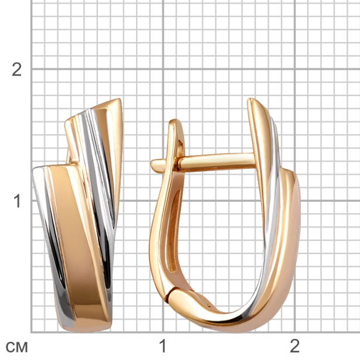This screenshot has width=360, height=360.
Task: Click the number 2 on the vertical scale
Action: click(17, 69)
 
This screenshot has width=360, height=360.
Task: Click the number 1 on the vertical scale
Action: click(17, 201)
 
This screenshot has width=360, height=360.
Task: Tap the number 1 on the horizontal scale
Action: click(162, 346)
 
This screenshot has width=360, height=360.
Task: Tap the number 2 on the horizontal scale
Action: click(295, 346)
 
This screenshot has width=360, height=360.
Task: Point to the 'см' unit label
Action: click(16, 347)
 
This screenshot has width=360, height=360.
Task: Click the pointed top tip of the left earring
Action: click(119, 100)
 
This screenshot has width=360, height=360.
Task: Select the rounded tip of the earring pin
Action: click(154, 164)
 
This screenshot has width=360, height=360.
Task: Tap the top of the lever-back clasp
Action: click(176, 121)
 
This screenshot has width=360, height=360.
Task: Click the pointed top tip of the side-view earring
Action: click(251, 100)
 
